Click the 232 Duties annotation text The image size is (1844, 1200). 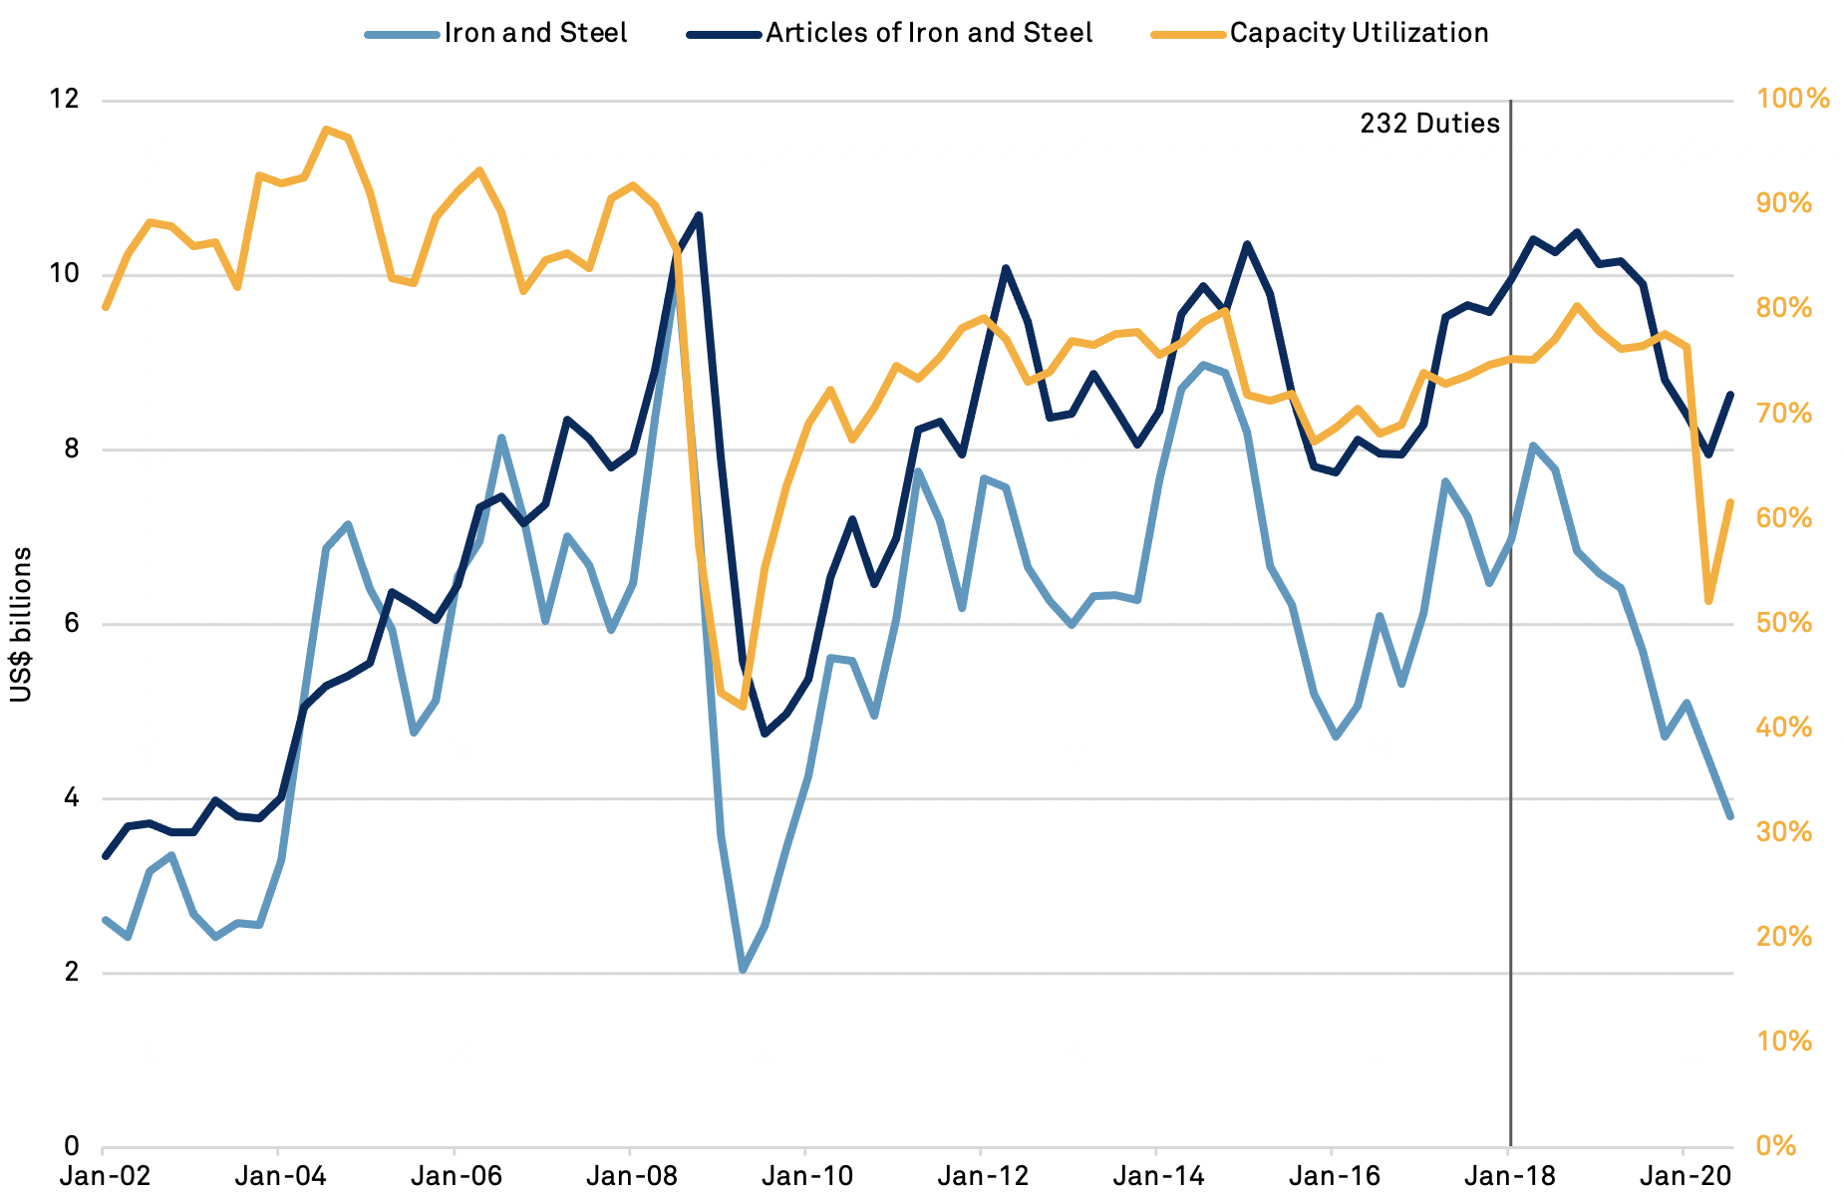point(1429,124)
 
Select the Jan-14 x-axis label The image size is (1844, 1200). point(1156,1176)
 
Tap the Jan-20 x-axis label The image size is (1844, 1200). point(1684,1176)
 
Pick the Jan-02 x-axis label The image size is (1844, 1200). point(105,1176)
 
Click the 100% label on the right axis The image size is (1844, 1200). point(1792,99)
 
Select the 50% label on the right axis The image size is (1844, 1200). point(1784,623)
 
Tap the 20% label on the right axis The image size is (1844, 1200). point(1784,937)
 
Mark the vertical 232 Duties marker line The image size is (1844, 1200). point(1510,698)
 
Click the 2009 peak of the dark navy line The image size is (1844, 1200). point(699,214)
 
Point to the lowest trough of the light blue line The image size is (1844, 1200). point(743,970)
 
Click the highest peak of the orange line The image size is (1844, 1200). point(326,129)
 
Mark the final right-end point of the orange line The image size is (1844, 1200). point(1730,502)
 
